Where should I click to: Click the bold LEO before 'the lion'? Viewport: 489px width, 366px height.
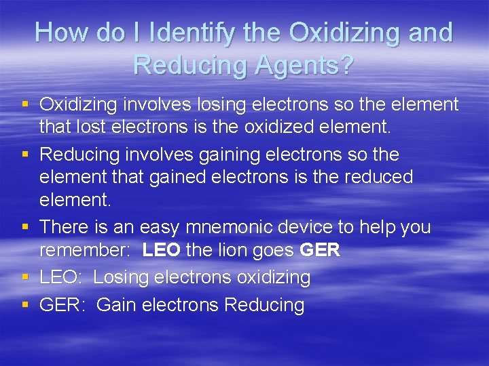click(x=161, y=250)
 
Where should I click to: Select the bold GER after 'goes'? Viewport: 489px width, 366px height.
click(x=319, y=250)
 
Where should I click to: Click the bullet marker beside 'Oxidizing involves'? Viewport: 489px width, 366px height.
click(x=25, y=104)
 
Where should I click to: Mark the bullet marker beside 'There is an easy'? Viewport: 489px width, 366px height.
click(x=25, y=227)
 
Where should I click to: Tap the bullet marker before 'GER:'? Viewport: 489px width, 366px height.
click(x=25, y=305)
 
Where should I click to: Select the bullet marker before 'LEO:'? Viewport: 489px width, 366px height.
click(x=25, y=277)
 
